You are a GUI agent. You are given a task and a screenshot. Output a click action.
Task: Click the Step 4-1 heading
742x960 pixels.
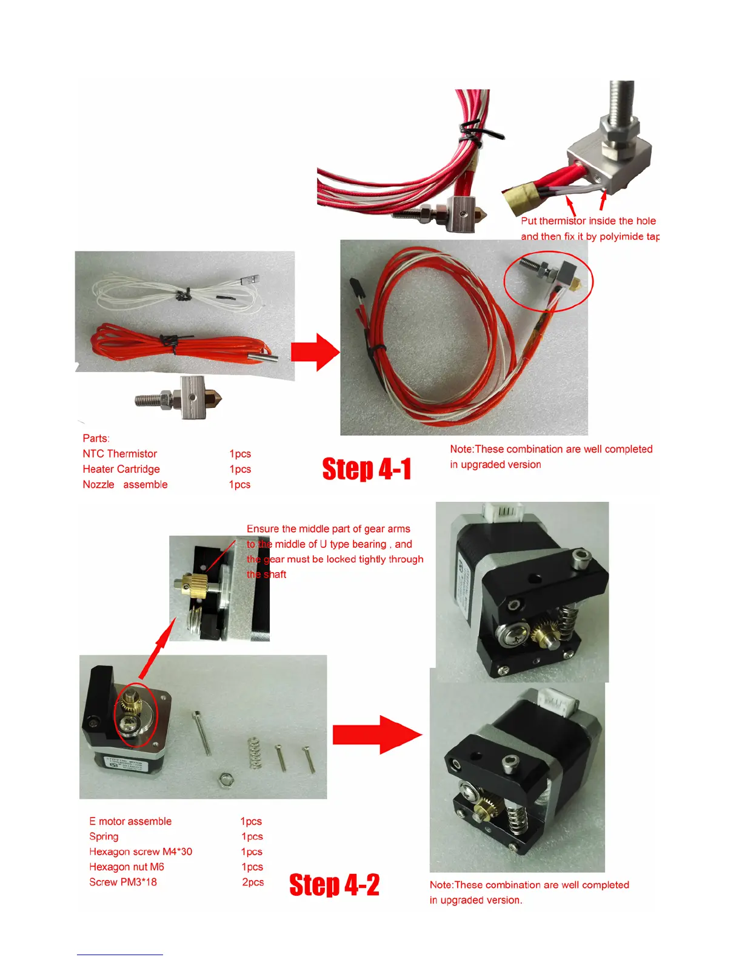367,469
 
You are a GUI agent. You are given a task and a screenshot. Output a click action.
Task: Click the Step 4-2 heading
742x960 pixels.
334,885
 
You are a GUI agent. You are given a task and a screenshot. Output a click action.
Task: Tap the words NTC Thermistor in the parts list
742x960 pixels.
119,454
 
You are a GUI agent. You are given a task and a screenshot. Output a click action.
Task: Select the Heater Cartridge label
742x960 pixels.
121,469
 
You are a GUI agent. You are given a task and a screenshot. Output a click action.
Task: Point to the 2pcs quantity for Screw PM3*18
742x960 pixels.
253,882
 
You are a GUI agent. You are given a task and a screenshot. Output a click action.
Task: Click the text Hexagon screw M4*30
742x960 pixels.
141,852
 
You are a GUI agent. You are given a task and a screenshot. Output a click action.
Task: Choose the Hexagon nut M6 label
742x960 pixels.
127,867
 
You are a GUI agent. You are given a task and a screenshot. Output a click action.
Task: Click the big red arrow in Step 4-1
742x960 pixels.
315,352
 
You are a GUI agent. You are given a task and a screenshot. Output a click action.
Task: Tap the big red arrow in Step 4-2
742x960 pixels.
376,735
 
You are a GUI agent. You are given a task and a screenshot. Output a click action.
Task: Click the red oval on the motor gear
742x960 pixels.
136,715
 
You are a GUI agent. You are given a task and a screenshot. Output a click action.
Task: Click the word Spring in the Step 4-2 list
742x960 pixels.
104,836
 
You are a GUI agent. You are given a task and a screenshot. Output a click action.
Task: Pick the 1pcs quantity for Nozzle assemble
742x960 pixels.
239,485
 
